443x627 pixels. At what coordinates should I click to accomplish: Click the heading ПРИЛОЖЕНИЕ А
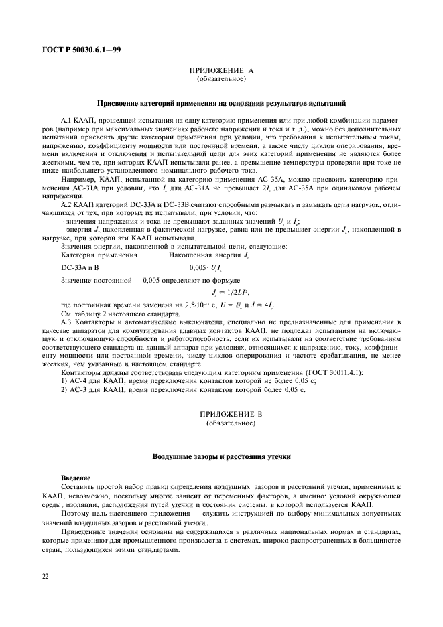click(x=221, y=70)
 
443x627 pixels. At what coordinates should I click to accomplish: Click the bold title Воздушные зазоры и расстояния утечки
click(x=221, y=456)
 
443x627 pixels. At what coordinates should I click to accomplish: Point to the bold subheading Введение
click(x=76, y=478)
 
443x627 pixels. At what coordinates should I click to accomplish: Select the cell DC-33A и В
click(x=80, y=267)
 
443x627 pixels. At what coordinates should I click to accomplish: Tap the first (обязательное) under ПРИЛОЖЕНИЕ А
click(x=221, y=79)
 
